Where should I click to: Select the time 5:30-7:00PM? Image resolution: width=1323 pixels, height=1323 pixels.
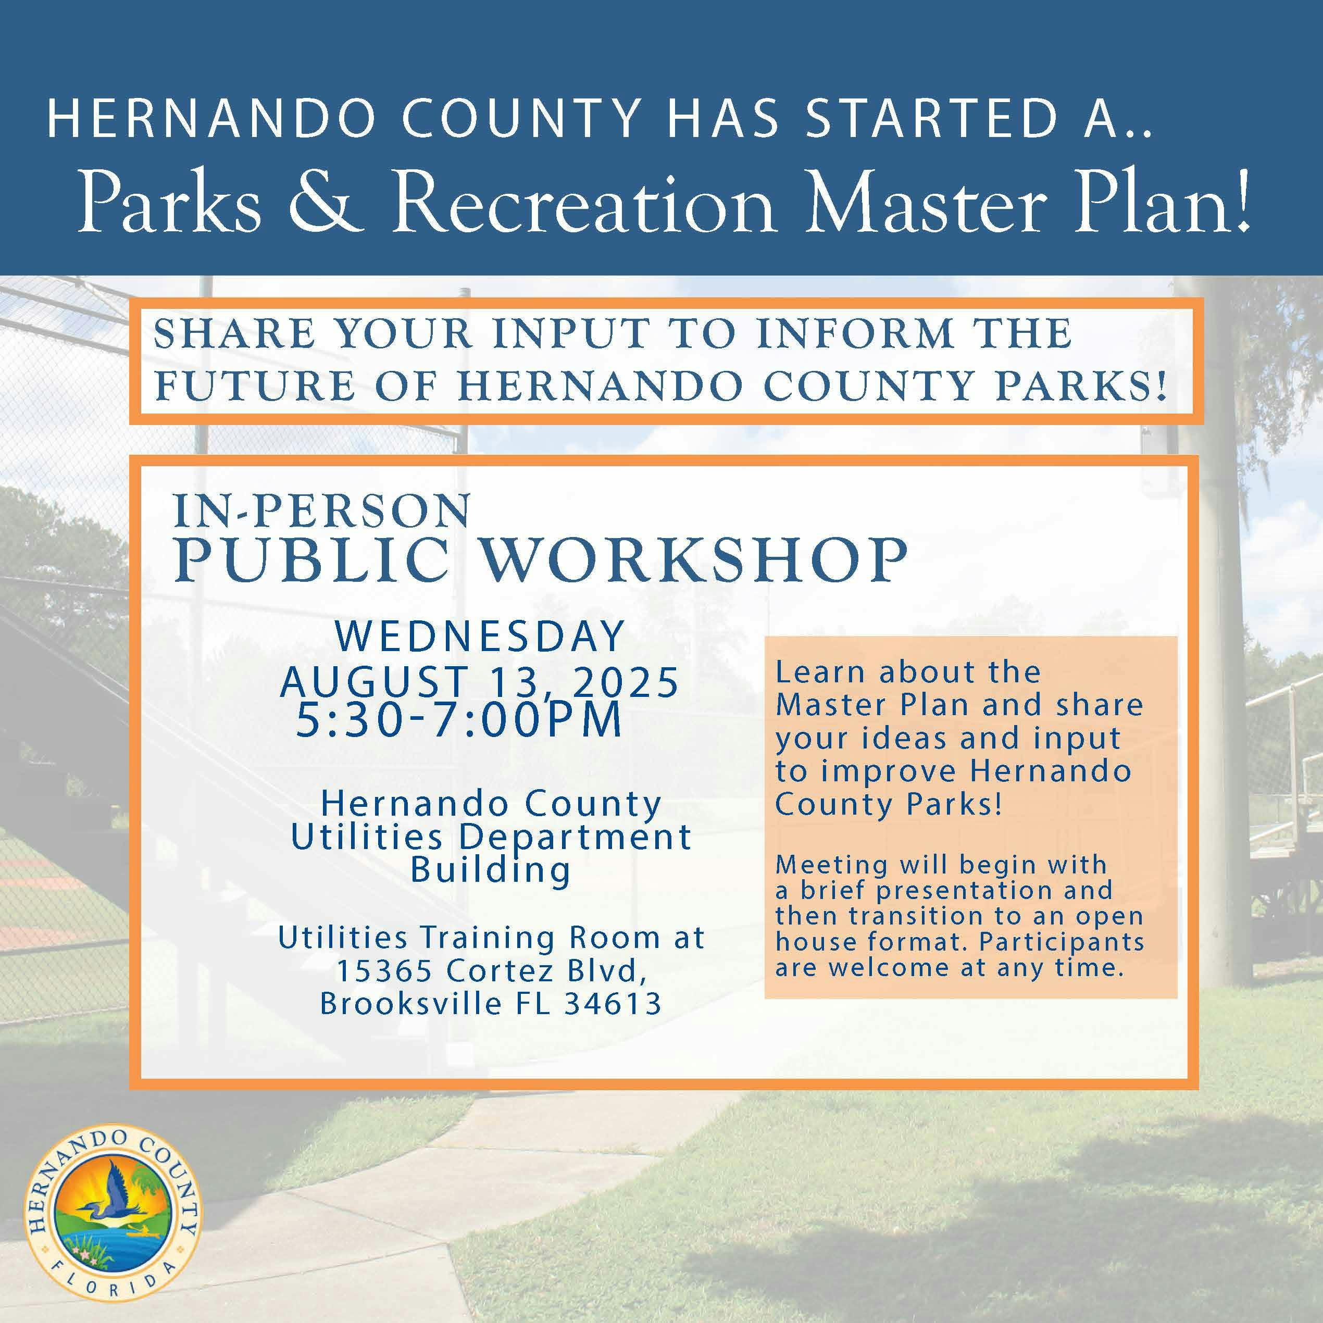459,720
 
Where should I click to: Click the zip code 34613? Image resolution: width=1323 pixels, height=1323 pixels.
613,1004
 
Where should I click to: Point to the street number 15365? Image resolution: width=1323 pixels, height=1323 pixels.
384,970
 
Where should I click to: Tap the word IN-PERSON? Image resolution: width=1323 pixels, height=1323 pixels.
322,511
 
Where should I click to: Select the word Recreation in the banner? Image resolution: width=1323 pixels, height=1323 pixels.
583,203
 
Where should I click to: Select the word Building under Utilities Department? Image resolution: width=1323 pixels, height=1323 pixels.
490,871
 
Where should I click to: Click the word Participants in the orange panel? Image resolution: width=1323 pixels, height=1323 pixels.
1062,942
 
